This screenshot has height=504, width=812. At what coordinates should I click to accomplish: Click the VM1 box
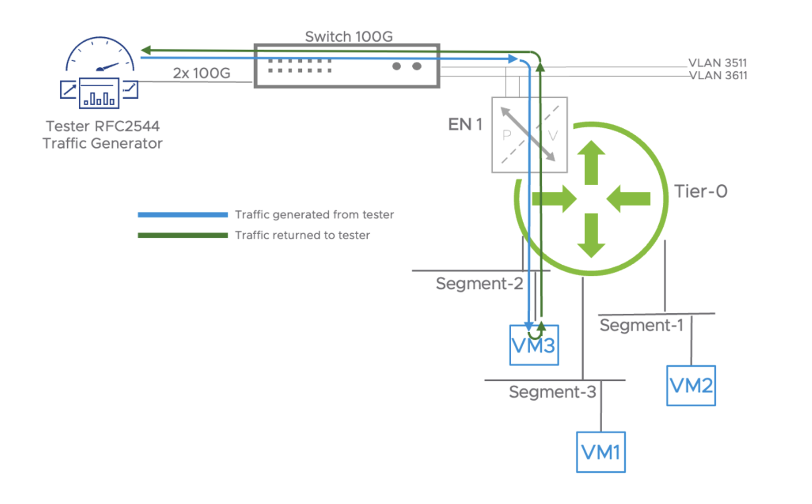[x=601, y=452]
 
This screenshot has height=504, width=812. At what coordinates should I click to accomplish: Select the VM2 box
[x=690, y=386]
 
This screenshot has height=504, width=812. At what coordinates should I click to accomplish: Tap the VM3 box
[x=534, y=346]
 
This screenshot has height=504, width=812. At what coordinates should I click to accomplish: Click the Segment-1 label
[x=641, y=325]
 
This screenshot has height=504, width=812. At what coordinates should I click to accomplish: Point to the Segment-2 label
[x=479, y=284]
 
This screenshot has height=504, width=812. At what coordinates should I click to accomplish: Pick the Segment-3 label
[x=552, y=392]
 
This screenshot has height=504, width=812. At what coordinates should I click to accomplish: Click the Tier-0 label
[x=700, y=191]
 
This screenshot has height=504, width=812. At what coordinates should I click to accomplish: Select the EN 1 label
[x=465, y=125]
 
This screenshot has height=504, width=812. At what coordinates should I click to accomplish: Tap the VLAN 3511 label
[x=717, y=63]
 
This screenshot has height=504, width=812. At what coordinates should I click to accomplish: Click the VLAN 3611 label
[x=718, y=76]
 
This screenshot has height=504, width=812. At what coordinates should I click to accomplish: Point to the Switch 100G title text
[x=348, y=36]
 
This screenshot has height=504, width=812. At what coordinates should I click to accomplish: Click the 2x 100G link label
[x=201, y=73]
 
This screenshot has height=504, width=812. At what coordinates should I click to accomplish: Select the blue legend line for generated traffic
[x=182, y=214]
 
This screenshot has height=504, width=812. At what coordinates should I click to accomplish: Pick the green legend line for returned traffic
[x=182, y=235]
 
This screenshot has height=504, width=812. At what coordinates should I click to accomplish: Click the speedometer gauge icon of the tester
[x=100, y=55]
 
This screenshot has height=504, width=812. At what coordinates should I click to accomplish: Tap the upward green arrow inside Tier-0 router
[x=591, y=162]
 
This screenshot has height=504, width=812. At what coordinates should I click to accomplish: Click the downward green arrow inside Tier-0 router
[x=591, y=236]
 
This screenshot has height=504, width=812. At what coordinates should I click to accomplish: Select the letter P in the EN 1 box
[x=507, y=135]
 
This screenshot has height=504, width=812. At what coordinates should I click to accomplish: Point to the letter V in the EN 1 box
[x=553, y=136]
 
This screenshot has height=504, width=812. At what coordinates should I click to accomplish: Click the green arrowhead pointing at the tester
[x=146, y=50]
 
